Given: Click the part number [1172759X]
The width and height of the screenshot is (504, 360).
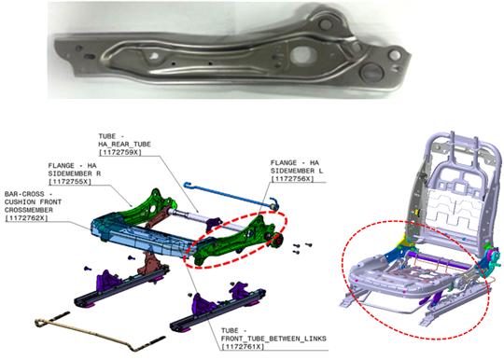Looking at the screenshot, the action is coord(119,152).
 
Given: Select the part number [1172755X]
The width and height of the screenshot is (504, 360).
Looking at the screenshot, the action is coord(70,182).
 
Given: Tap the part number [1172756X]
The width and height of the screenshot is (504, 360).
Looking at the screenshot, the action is coord(292,179).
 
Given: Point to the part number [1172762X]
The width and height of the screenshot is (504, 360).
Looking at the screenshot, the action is coord(26,218).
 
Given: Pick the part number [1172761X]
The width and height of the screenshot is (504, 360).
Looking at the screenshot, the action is coord(243,347).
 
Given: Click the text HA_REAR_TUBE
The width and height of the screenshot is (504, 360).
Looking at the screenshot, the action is coord(124,145).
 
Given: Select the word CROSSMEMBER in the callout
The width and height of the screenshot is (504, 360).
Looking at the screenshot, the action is coord(29,210).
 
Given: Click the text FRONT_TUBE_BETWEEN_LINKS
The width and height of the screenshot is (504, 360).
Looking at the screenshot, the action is coord(273,339).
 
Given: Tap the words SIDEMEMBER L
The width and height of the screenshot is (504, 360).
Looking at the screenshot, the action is coord(297,171).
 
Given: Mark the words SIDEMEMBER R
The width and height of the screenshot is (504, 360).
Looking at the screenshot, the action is coord(75,173).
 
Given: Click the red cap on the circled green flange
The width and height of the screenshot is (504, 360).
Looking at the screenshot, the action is coord(277,240).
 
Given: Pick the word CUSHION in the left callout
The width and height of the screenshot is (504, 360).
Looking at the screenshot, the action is coord(20,202).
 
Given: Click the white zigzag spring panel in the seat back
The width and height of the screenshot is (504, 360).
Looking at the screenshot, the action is coord(455,213).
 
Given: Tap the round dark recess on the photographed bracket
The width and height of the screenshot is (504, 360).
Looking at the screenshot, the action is coord(372,72).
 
